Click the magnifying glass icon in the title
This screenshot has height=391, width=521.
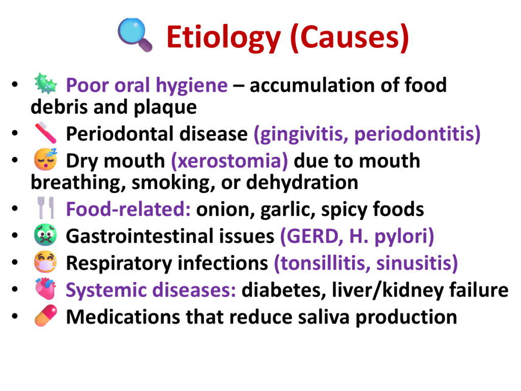(135, 35)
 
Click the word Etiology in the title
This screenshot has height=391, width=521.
(224, 38)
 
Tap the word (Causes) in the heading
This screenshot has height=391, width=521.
(350, 38)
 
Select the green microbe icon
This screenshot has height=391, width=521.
(45, 83)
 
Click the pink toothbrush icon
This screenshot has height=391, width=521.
(45, 133)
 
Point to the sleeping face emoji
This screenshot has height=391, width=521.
(45, 159)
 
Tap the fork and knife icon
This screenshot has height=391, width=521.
(45, 208)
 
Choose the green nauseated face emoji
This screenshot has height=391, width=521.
(45, 235)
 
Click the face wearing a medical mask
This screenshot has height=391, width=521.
(45, 262)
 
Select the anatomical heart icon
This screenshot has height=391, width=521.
(45, 289)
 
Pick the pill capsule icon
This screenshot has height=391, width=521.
(45, 316)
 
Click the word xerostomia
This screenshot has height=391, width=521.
(229, 161)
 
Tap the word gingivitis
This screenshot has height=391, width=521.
(301, 134)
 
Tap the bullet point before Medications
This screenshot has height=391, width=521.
(15, 316)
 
